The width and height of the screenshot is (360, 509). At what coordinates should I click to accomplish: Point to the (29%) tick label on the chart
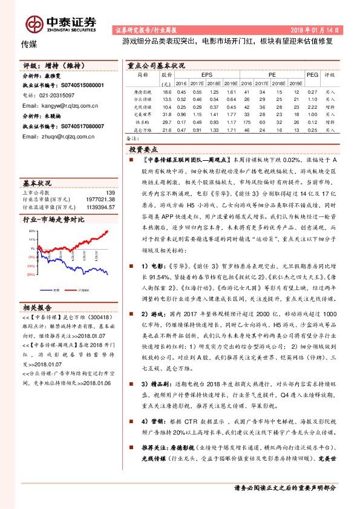(30, 273)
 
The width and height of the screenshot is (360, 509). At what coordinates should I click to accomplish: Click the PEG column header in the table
(312, 74)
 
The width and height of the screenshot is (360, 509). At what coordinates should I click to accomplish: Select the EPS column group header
(198, 74)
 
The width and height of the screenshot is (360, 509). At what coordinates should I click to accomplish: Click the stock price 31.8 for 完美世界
(167, 114)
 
